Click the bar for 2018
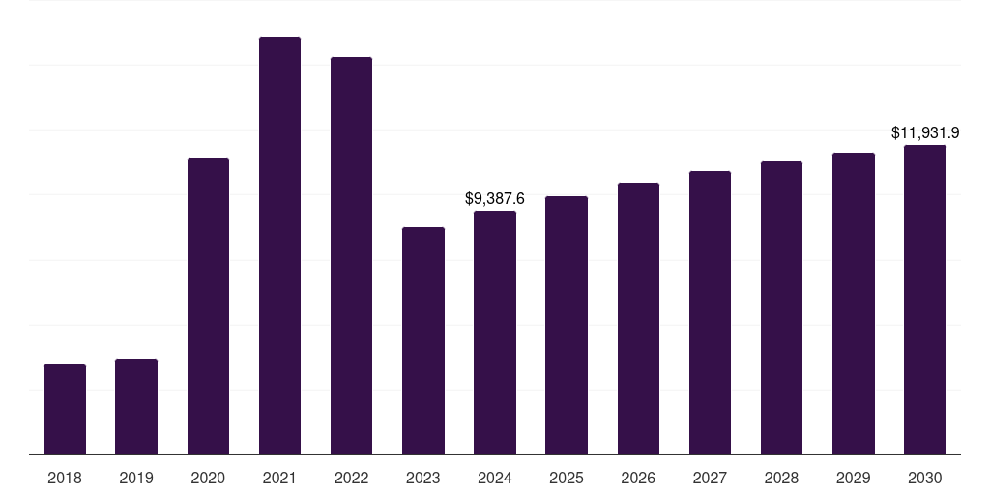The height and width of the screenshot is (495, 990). click(65, 409)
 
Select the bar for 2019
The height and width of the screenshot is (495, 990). click(136, 406)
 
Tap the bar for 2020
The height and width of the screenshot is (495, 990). click(208, 306)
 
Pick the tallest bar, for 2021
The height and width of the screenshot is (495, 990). click(279, 246)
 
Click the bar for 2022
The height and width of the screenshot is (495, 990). click(351, 255)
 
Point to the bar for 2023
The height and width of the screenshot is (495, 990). click(423, 340)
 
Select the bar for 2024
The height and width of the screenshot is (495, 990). click(495, 333)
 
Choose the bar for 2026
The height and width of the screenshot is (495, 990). click(638, 318)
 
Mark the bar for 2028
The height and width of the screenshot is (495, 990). click(781, 307)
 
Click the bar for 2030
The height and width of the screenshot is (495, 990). click(925, 300)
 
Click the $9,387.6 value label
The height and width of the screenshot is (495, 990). click(495, 199)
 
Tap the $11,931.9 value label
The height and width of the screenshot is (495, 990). click(925, 132)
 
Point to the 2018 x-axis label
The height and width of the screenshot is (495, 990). click(65, 478)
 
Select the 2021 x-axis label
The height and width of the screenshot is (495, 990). click(279, 478)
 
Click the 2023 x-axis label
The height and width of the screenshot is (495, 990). click(423, 478)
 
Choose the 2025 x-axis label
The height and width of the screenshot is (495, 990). click(567, 478)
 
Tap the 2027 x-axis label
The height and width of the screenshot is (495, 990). click(710, 478)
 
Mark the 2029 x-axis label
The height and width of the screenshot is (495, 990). click(853, 478)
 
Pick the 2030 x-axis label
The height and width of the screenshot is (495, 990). click(925, 478)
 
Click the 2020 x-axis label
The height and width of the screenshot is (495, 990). click(208, 478)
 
